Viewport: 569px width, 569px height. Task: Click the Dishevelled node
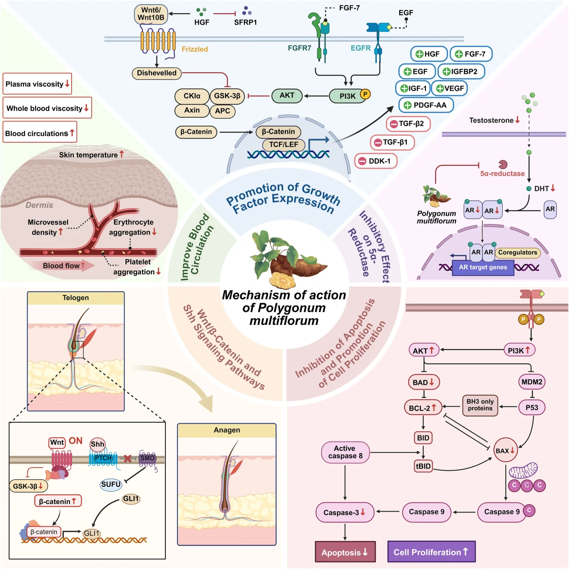coord(156,73)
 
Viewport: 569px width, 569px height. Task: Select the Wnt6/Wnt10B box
coord(151,14)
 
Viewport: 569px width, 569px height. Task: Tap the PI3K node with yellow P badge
coord(348,96)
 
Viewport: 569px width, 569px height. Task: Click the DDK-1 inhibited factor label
coord(375,161)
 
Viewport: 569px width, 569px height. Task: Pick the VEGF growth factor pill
coord(449,88)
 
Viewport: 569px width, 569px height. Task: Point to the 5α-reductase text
coord(502,173)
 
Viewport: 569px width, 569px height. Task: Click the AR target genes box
coord(483,267)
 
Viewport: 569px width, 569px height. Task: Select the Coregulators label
coord(517,252)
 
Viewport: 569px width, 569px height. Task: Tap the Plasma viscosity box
coord(37,84)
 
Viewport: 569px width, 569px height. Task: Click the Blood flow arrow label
coord(63,266)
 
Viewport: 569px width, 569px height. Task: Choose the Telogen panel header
coord(76,298)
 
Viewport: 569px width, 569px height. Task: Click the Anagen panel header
coord(227,430)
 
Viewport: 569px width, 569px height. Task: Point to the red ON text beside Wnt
coord(76,441)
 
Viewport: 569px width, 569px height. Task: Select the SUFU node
coord(111,485)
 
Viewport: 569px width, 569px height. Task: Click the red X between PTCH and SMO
coord(128,458)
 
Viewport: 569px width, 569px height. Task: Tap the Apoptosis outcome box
coord(345,552)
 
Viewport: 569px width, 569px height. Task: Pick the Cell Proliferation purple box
coord(431,552)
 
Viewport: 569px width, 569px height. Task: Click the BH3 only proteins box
coord(480,405)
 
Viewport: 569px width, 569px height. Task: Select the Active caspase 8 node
coord(345,452)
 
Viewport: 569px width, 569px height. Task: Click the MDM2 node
coord(532,382)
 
